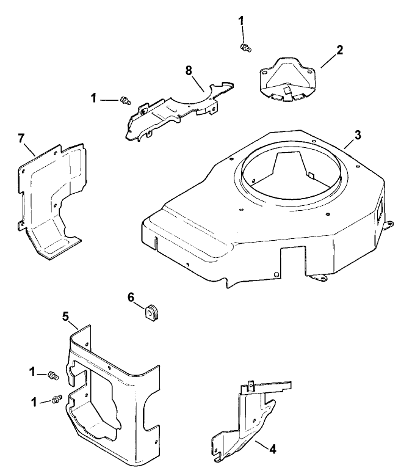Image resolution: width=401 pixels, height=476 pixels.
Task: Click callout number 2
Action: coord(340,50)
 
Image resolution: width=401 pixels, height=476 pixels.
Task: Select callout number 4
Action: coord(272,450)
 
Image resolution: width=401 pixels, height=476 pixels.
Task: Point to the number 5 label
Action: coord(67,317)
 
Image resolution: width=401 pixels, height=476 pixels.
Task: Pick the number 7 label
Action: coord(23,139)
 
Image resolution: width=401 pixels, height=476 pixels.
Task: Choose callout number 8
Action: coord(189,71)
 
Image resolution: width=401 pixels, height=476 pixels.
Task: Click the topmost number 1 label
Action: coord(241,20)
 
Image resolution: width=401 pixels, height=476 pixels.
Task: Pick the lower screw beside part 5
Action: coord(56,398)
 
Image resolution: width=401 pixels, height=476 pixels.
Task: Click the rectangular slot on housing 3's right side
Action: coord(380,210)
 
